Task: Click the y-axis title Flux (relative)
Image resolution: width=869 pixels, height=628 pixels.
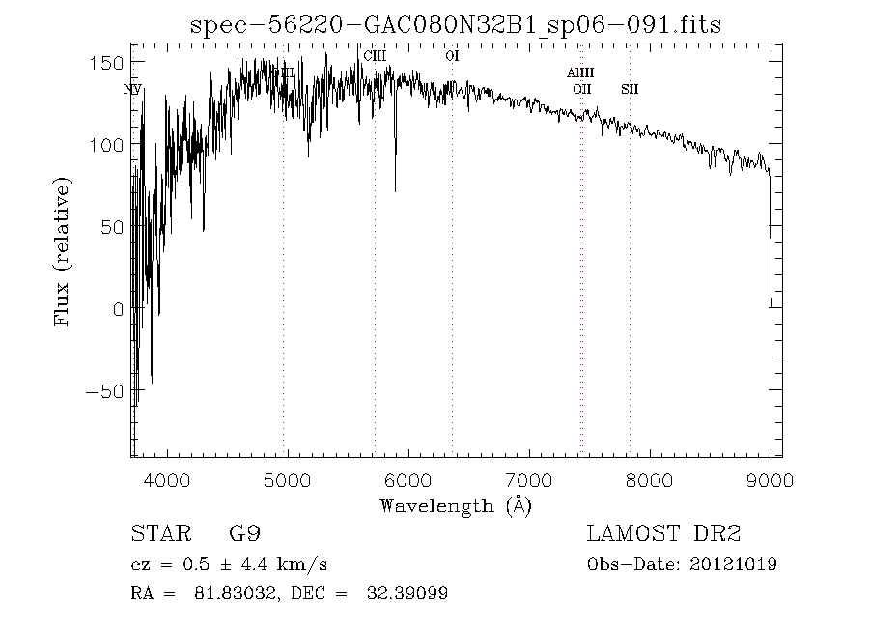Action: (64, 251)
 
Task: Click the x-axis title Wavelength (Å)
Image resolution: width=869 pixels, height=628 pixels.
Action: (456, 505)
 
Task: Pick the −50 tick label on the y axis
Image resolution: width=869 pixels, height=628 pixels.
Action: (105, 391)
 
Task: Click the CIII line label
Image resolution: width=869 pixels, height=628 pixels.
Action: (375, 56)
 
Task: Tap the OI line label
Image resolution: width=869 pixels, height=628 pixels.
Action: (452, 56)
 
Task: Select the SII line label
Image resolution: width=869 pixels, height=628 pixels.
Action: (630, 90)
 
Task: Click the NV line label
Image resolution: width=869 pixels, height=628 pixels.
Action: (132, 90)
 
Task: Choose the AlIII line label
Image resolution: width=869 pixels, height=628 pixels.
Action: (580, 72)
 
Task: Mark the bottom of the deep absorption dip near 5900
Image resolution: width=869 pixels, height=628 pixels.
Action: (395, 190)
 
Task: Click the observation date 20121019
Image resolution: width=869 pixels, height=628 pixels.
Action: (737, 564)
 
